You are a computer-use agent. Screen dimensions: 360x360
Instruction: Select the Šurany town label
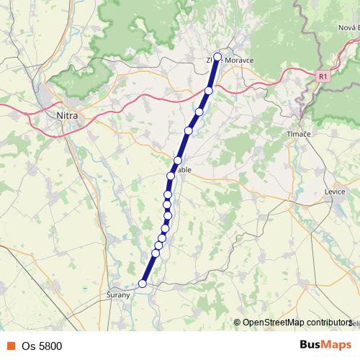(117, 295)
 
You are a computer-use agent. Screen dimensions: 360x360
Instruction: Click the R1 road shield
(323, 74)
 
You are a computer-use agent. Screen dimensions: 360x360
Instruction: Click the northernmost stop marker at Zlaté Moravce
(217, 56)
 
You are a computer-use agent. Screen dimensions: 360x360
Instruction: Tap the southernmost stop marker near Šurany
(143, 284)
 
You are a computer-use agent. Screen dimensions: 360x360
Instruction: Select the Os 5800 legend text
(42, 346)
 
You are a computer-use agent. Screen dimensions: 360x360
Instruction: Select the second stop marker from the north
(209, 90)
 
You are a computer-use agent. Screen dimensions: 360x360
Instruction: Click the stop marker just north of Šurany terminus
(156, 253)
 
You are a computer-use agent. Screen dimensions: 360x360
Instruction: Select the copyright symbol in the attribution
(237, 323)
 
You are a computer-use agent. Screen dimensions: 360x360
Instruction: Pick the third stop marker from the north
(199, 112)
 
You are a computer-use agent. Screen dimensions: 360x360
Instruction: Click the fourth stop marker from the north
(189, 130)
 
